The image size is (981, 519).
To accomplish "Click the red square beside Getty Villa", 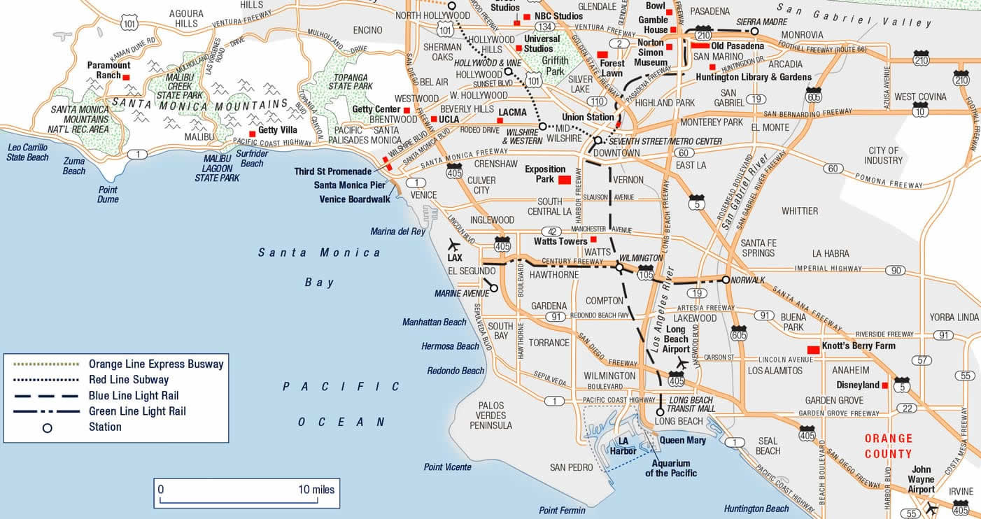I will (252, 134).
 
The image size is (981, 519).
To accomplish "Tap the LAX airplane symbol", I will (454, 245).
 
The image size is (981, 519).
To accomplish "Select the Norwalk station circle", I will (726, 280).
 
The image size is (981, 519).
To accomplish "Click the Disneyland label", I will (858, 385).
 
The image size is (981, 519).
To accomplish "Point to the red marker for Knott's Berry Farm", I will (813, 349).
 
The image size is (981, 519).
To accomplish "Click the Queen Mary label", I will (682, 441).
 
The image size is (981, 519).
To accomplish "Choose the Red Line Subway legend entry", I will (129, 379).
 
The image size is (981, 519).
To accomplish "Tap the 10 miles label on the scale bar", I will (316, 490).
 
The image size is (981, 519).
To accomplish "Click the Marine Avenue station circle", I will (494, 287).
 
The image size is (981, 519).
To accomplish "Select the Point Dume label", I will (108, 194).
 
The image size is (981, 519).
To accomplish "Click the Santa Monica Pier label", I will (350, 185).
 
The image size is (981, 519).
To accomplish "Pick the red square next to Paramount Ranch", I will (126, 77).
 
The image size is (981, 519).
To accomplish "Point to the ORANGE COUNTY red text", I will (889, 446).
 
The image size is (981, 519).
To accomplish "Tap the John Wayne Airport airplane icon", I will (931, 508).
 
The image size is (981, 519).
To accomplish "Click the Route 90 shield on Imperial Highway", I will (895, 271).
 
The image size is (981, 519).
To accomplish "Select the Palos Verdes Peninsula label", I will (491, 415).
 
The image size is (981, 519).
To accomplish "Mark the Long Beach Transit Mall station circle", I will (660, 412).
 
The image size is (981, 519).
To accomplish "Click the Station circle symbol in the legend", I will (47, 427).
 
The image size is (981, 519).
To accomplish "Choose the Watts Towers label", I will (560, 241).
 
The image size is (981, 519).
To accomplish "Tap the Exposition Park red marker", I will (564, 180).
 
